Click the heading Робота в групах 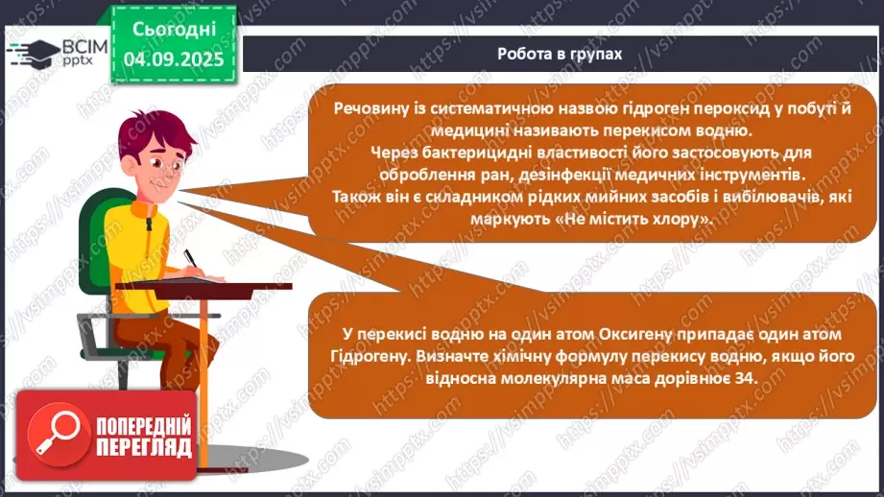tap(560, 54)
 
